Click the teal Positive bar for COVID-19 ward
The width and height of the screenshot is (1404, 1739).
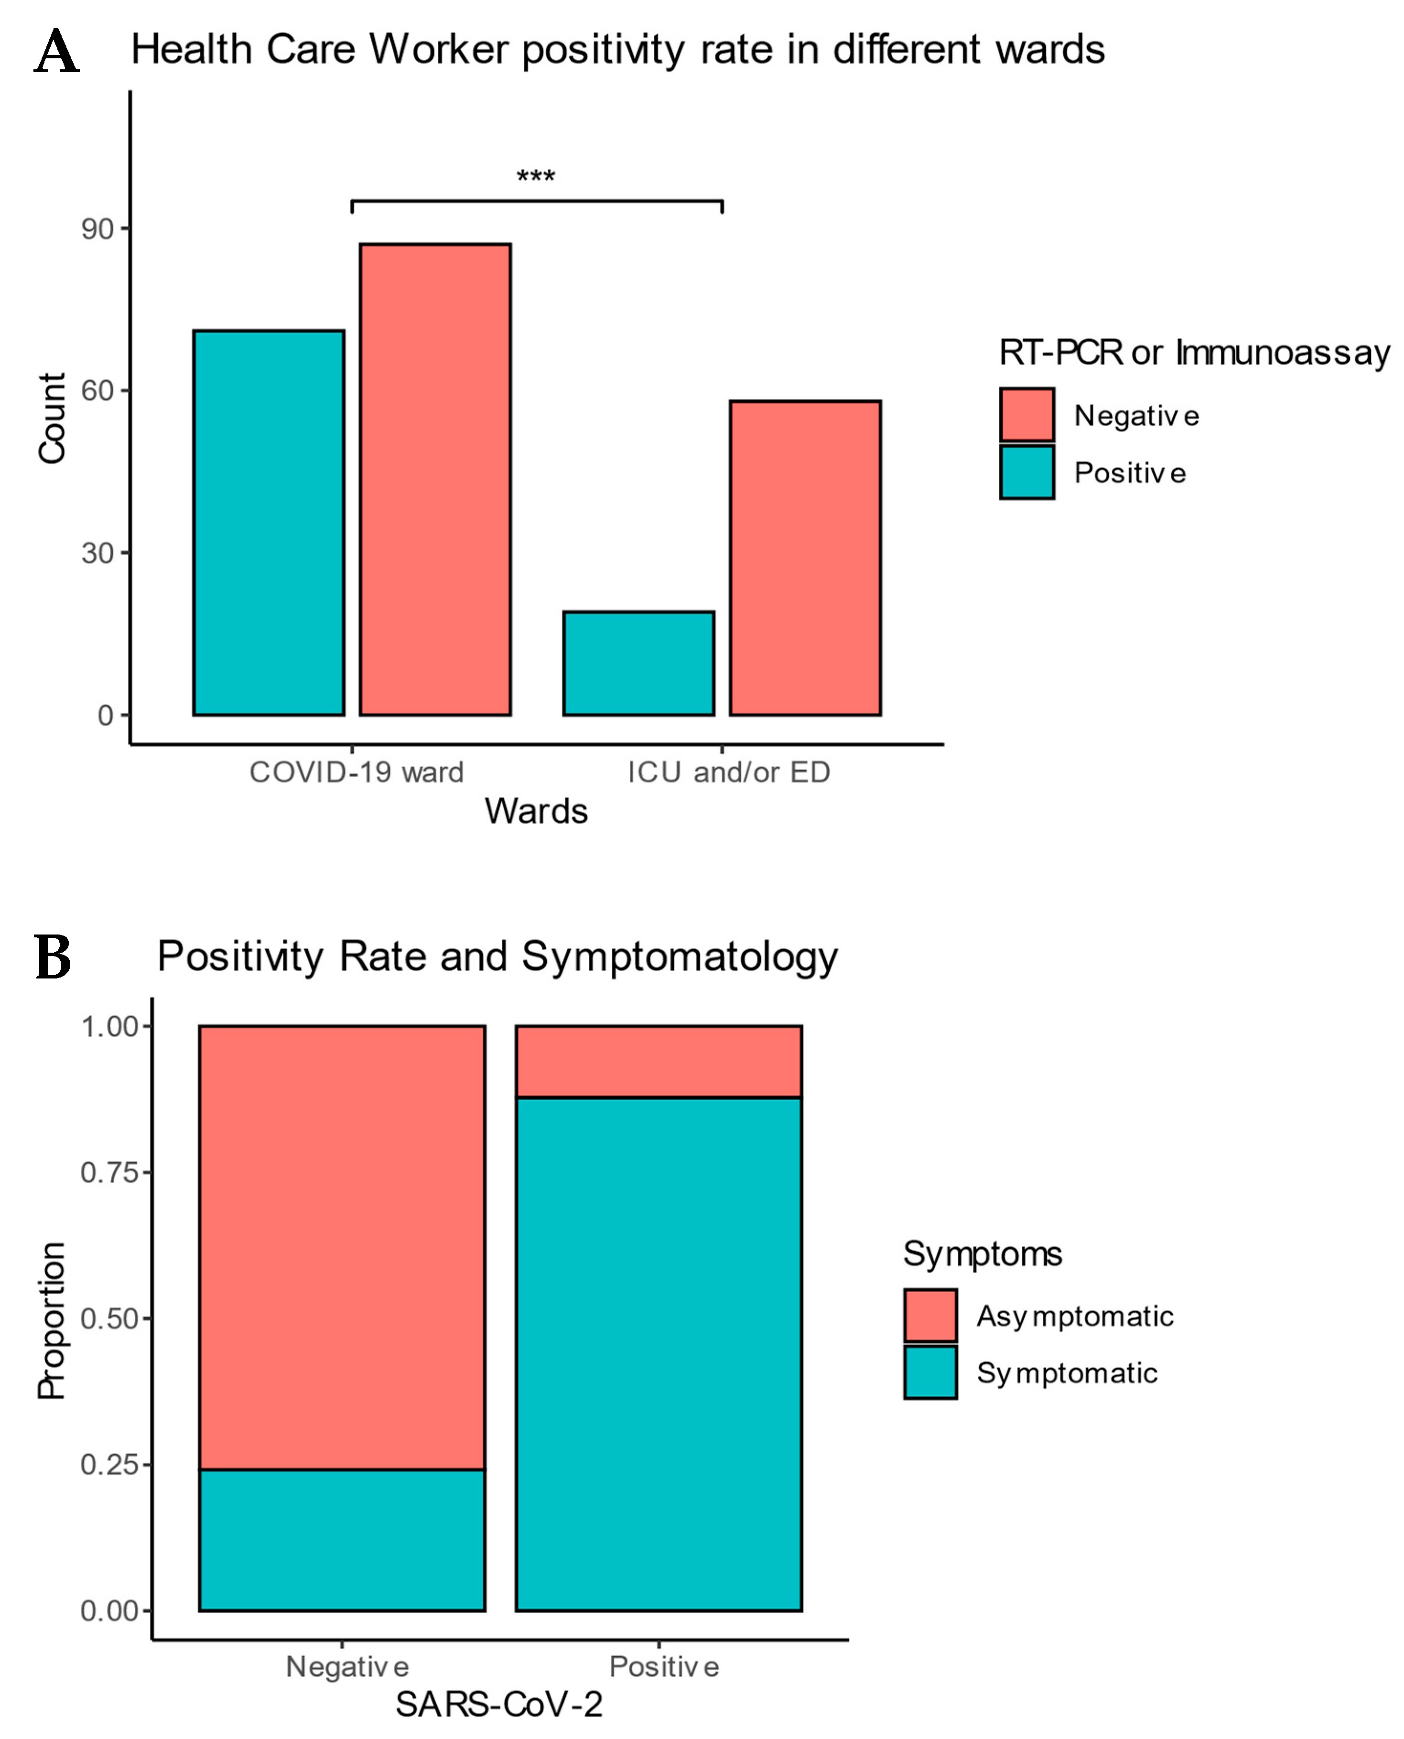(x=269, y=522)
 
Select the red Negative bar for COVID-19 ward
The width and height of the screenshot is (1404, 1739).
(x=435, y=479)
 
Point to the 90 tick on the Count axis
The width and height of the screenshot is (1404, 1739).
(x=98, y=229)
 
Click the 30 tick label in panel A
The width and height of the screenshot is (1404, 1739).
(x=98, y=553)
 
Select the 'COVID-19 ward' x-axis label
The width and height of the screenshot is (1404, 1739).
(x=356, y=772)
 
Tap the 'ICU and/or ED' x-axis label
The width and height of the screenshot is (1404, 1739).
(x=729, y=772)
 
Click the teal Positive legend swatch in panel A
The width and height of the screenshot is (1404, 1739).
(x=1026, y=471)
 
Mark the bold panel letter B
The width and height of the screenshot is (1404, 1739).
(x=54, y=957)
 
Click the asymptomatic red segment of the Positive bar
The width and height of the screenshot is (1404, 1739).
(x=659, y=1061)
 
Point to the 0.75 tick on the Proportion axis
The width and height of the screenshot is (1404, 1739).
(x=111, y=1173)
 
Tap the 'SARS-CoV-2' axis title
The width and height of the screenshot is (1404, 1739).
(x=498, y=1704)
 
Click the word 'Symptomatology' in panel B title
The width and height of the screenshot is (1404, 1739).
(x=680, y=957)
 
